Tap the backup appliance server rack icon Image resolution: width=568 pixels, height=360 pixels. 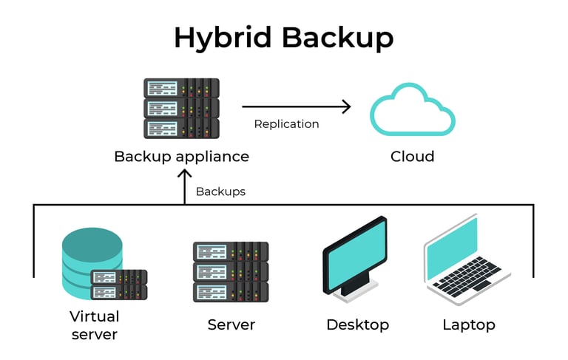(x=181, y=109)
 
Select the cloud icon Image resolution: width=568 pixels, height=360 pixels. (x=412, y=111)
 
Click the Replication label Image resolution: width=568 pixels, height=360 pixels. (x=286, y=124)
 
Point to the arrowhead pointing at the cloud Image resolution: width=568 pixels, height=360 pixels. (x=345, y=106)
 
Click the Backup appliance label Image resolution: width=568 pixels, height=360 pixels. (x=181, y=157)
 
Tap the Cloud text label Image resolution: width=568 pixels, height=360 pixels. (x=412, y=157)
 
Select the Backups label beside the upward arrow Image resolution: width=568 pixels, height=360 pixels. (x=220, y=191)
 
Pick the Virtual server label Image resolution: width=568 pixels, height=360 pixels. (x=94, y=325)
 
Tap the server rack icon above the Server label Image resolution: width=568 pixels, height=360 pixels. (x=230, y=271)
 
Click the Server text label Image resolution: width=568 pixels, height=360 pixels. (x=231, y=325)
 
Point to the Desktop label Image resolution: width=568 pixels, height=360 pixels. (x=357, y=325)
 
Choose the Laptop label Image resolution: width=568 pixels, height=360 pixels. (x=469, y=325)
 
